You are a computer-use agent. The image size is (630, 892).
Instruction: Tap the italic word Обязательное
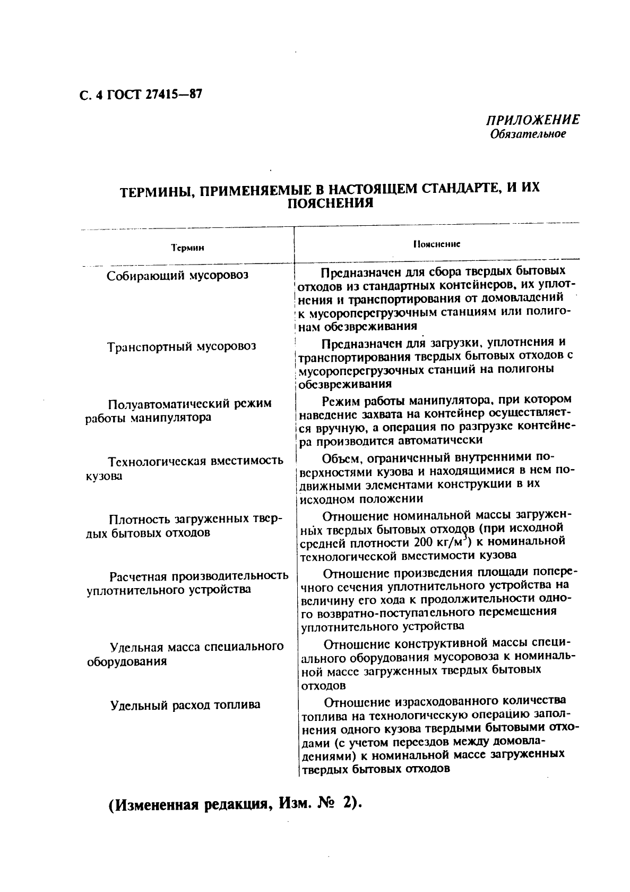[528, 134]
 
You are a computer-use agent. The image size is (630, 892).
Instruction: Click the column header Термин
[187, 248]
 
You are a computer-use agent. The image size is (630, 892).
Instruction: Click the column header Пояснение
[436, 244]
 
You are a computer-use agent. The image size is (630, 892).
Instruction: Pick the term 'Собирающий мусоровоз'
[177, 276]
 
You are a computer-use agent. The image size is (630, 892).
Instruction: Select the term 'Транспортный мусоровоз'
[182, 347]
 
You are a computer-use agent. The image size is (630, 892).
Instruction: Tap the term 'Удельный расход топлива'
[185, 705]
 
